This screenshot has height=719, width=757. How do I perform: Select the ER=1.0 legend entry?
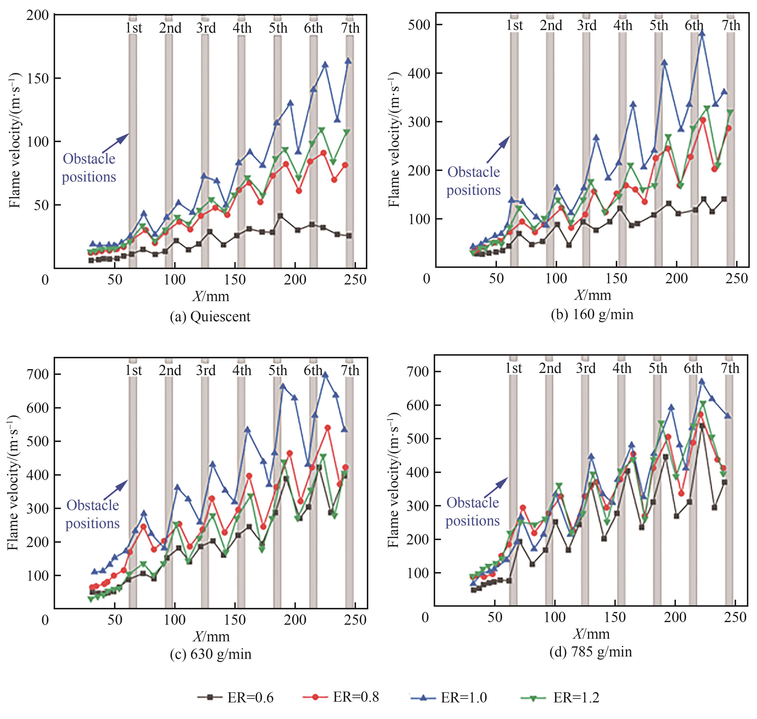(x=448, y=698)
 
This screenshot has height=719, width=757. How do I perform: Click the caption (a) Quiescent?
(x=210, y=316)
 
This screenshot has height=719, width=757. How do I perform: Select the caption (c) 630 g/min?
(x=210, y=654)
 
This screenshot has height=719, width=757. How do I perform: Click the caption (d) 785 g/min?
(x=590, y=651)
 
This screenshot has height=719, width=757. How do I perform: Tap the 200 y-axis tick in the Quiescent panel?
(x=37, y=15)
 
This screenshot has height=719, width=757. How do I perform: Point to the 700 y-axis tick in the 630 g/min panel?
(x=37, y=374)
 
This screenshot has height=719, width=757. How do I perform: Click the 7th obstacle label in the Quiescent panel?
(x=350, y=28)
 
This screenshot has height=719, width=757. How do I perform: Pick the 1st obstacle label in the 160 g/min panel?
(x=514, y=25)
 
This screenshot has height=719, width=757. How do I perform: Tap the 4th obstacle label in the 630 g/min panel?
(x=242, y=370)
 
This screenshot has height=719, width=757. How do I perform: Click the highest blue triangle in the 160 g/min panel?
(x=702, y=33)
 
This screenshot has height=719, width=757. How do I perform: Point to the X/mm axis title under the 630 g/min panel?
(x=211, y=637)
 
